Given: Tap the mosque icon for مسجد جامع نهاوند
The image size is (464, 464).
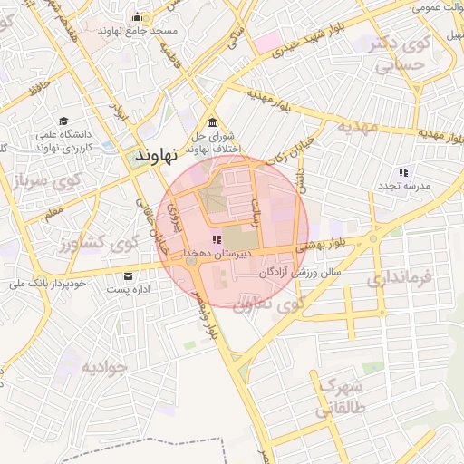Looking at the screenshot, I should point(137,17).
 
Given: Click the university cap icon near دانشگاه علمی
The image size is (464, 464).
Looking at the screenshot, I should point(63,121).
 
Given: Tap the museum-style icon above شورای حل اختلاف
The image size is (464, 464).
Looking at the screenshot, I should point(212,122).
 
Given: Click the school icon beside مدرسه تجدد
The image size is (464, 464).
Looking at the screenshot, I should point(403,171).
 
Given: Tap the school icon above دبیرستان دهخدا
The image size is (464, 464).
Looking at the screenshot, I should point(215,239).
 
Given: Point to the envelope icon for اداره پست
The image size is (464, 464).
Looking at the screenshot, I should point(128,276).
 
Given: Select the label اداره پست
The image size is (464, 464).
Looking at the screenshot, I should point(128,290).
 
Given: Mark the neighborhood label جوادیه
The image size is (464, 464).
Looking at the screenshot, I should point(107,367).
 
